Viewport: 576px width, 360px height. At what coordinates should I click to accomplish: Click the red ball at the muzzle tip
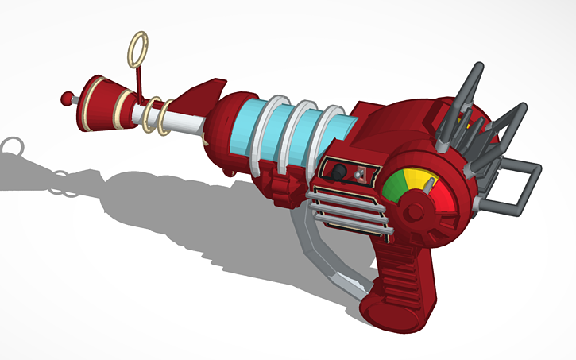(65, 99)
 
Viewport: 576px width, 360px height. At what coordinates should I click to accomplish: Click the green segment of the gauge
(395, 186)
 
